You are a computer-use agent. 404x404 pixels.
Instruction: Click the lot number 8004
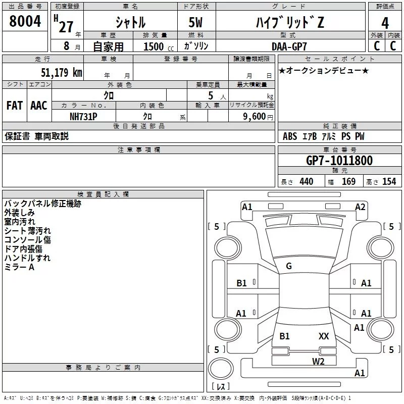25,21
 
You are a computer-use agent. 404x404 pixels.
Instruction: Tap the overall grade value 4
385,23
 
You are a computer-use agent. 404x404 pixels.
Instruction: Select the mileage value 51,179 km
62,73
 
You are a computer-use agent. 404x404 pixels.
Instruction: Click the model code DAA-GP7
289,46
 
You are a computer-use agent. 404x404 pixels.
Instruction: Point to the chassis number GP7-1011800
339,161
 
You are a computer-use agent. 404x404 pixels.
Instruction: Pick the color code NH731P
83,117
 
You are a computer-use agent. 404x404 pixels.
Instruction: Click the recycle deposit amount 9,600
255,117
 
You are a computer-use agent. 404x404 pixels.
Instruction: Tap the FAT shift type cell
15,106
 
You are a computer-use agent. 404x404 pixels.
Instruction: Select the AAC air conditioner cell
39,106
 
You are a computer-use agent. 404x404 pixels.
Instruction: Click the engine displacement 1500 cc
159,46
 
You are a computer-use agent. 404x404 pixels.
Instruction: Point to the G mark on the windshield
289,266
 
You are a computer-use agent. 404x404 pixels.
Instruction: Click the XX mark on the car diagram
324,336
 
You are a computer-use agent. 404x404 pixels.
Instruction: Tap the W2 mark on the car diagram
318,362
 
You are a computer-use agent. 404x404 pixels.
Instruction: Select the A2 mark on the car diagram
360,207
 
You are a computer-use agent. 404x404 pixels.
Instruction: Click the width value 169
348,182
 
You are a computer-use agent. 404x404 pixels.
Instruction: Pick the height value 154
389,181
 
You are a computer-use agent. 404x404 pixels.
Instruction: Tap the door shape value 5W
195,22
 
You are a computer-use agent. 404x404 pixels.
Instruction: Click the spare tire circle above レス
221,369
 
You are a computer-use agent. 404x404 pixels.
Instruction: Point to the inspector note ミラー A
19,267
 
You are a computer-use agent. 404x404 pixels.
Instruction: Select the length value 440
307,182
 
